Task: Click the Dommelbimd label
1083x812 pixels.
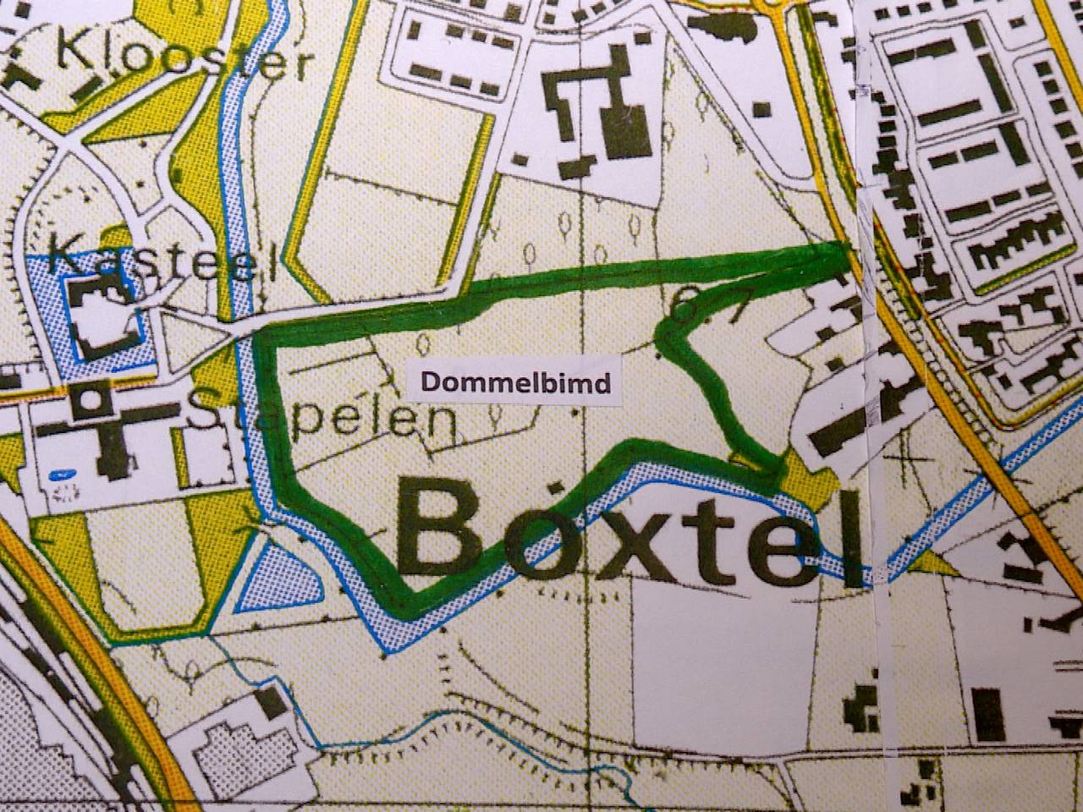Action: [x=515, y=382]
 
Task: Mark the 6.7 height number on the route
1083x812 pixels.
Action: [x=706, y=303]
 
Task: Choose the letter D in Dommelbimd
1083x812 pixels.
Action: [x=428, y=383]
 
